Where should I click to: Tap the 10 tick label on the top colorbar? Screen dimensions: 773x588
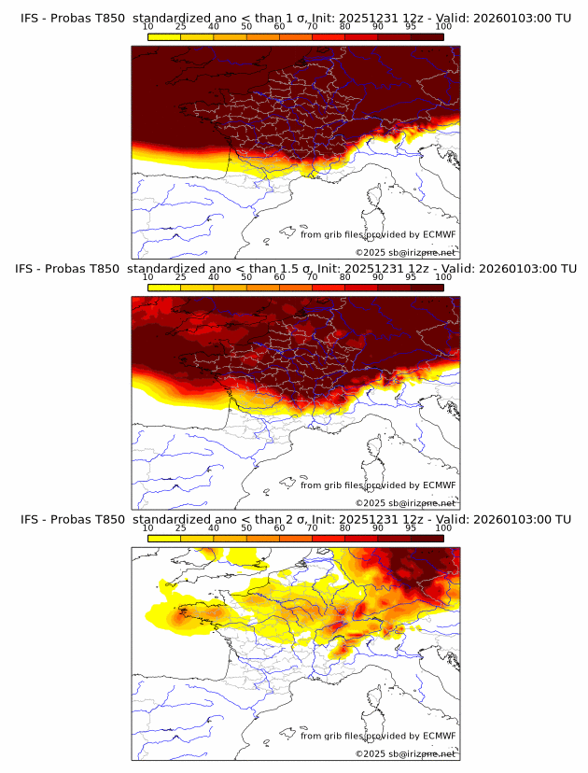click(x=148, y=28)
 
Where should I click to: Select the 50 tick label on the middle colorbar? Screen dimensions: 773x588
click(x=246, y=278)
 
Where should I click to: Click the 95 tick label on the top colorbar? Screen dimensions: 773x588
click(x=411, y=28)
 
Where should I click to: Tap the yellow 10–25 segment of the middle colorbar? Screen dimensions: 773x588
click(x=164, y=288)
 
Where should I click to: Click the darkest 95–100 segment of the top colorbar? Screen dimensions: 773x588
click(x=427, y=37)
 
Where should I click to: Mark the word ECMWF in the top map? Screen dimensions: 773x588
click(x=439, y=234)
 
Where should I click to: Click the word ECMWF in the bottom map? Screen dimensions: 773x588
click(x=439, y=736)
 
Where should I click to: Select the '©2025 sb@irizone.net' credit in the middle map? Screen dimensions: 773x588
click(x=405, y=502)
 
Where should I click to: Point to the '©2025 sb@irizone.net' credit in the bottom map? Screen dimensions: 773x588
click(x=405, y=753)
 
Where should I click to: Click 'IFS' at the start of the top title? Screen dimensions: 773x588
click(x=30, y=18)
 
